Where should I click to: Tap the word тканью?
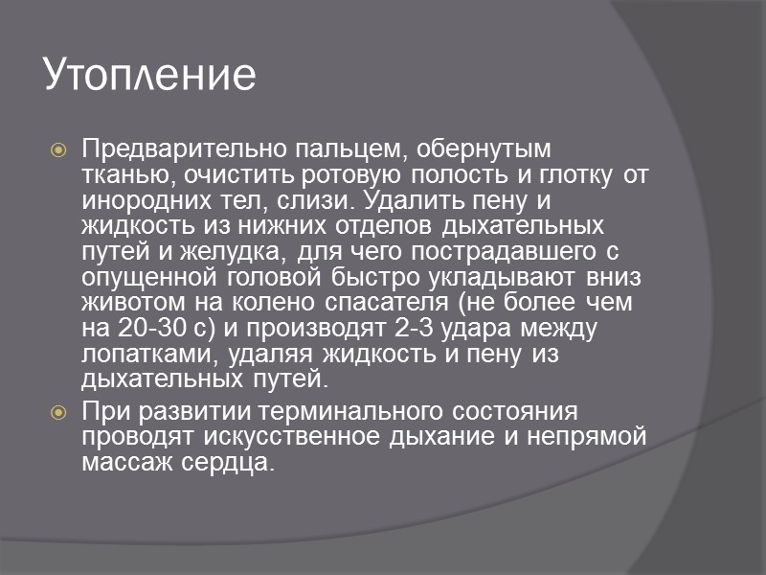point(117,176)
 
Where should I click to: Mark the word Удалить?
point(403,201)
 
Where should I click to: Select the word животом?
point(125,304)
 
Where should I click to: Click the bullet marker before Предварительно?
point(58,151)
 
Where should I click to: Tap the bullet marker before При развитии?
point(58,413)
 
